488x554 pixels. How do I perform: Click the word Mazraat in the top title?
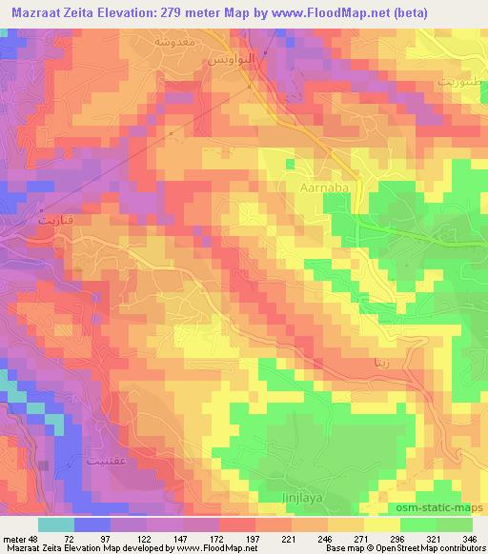point(35,12)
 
